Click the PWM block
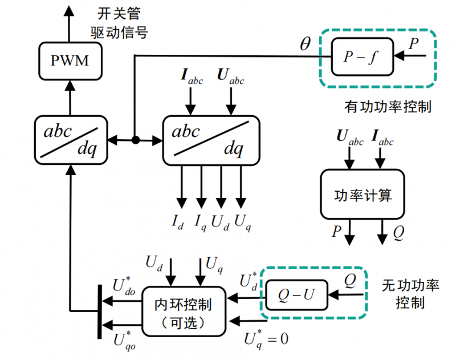[70, 60]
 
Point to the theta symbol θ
[305, 45]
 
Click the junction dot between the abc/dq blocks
[135, 139]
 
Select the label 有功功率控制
[387, 107]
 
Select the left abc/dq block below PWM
[70, 139]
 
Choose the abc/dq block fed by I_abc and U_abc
[211, 139]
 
